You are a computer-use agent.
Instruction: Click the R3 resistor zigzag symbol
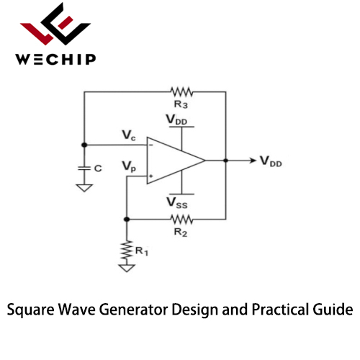[181, 92]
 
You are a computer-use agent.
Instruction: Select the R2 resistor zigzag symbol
[181, 219]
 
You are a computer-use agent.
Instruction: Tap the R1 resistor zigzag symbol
[127, 251]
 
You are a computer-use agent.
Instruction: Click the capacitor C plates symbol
[84, 168]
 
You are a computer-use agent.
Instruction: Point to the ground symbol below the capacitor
[84, 188]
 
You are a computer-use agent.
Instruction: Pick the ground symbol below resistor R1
[127, 268]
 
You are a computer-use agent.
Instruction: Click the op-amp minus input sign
[151, 145]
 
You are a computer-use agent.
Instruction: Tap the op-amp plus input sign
[151, 176]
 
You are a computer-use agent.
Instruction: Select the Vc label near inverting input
[129, 135]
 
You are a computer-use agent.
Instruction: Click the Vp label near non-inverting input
[129, 166]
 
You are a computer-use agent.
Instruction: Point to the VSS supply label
[177, 203]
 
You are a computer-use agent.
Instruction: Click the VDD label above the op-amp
[176, 120]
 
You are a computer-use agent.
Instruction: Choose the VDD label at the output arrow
[271, 161]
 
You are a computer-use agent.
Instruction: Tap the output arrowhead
[253, 160]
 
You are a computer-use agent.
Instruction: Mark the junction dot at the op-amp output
[225, 160]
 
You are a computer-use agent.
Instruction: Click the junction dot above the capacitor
[84, 145]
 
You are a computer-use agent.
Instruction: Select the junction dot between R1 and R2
[127, 219]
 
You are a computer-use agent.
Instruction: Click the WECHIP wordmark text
[55, 59]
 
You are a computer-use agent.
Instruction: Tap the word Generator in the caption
[133, 310]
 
